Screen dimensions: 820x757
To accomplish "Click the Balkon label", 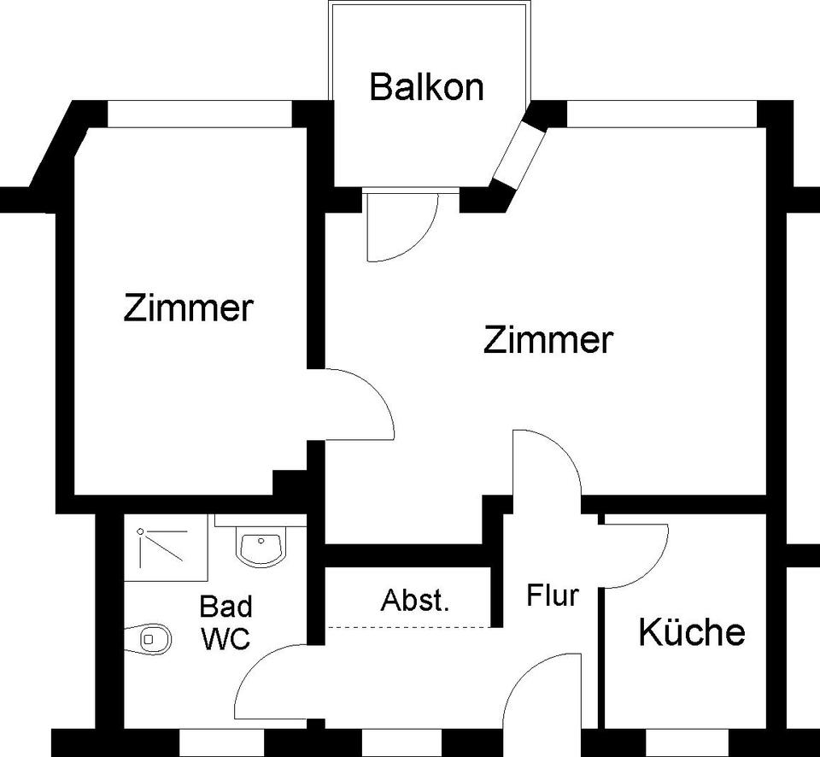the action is [426, 87].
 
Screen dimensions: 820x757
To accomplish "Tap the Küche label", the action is [692, 632].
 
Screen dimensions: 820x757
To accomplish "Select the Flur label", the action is [553, 595].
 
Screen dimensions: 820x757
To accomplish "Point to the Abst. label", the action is [414, 600].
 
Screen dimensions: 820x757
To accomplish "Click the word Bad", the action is [225, 607].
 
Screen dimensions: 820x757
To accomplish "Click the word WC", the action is [225, 638].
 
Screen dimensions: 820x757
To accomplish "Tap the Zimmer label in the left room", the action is [189, 308].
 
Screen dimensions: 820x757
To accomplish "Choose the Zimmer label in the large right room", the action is [548, 340].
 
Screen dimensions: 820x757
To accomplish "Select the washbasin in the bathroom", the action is [261, 547].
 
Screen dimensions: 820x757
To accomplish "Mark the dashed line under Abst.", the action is [410, 628].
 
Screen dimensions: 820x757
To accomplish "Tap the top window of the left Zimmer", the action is [200, 114].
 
